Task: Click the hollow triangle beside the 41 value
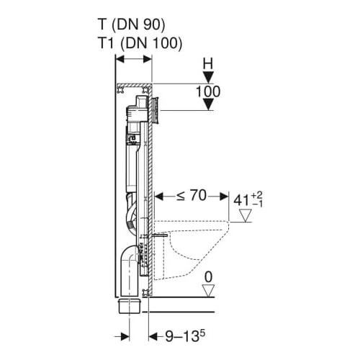point(246,215)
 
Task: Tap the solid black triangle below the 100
point(207,105)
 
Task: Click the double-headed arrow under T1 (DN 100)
point(133,60)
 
